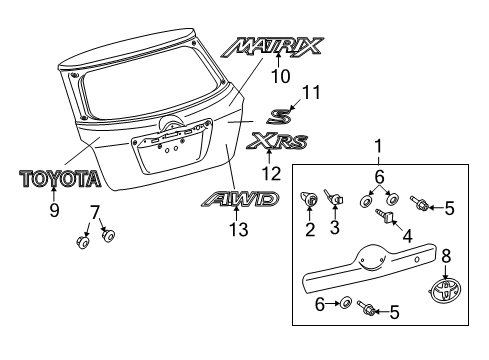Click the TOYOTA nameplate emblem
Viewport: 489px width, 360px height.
coord(60,179)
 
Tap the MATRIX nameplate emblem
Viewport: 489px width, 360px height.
coord(275,45)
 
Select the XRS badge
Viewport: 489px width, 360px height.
coord(279,140)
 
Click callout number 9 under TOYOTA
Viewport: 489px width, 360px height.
coord(56,211)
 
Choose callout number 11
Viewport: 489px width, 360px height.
coord(312,93)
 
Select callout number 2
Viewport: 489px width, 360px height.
coord(309,259)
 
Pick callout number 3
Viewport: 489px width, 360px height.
coord(335,259)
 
